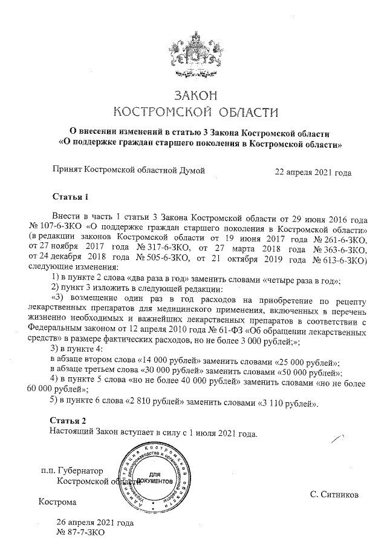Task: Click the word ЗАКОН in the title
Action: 195,96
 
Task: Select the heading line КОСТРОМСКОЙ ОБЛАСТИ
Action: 197,113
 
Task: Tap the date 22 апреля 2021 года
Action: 313,172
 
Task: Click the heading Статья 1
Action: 70,197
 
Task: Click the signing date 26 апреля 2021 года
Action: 94,523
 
